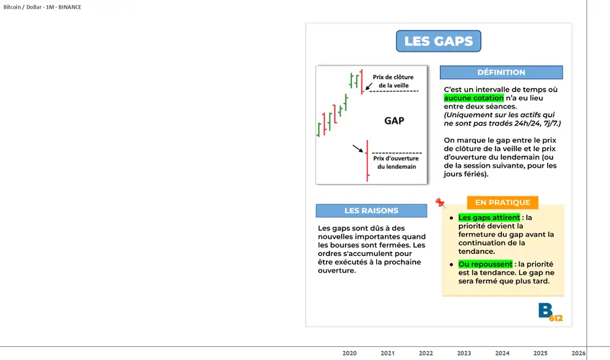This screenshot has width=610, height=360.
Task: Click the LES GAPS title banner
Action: click(x=439, y=41)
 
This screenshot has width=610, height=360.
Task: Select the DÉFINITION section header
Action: click(x=501, y=73)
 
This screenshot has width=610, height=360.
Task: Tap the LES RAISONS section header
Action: click(x=371, y=211)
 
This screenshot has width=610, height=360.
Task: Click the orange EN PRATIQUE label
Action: click(x=503, y=202)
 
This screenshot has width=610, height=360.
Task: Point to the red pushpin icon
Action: click(x=440, y=202)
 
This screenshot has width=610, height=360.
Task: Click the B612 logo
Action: click(x=550, y=312)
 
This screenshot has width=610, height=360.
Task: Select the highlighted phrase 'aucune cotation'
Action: click(x=473, y=98)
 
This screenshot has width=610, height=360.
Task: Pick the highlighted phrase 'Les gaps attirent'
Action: click(x=489, y=217)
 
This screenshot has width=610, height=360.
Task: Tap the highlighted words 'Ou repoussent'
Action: click(x=485, y=264)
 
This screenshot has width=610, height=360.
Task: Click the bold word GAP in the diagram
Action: click(x=394, y=120)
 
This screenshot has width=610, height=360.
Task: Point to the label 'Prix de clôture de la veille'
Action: click(x=393, y=81)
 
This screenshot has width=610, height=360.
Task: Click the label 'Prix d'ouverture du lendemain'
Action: click(x=396, y=162)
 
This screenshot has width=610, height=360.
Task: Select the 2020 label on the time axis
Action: click(x=350, y=353)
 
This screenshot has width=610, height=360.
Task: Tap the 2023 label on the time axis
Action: click(x=464, y=353)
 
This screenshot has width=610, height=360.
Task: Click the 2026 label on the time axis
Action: click(x=579, y=353)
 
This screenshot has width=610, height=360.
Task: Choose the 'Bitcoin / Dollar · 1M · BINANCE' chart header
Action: click(x=43, y=7)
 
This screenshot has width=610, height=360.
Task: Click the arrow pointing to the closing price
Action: click(x=368, y=86)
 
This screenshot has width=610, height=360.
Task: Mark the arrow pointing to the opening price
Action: click(x=358, y=149)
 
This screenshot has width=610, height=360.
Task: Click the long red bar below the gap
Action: click(x=367, y=161)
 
